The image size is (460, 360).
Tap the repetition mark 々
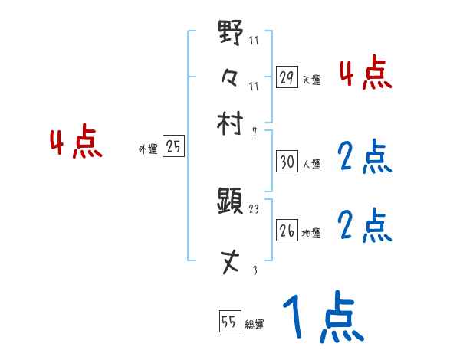click(231, 78)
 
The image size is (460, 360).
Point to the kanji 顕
click(231, 202)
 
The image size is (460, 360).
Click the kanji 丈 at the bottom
click(231, 263)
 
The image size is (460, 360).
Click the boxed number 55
click(229, 322)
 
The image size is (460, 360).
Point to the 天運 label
click(311, 79)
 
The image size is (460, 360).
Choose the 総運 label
click(254, 324)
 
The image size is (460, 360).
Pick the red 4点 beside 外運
click(75, 143)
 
